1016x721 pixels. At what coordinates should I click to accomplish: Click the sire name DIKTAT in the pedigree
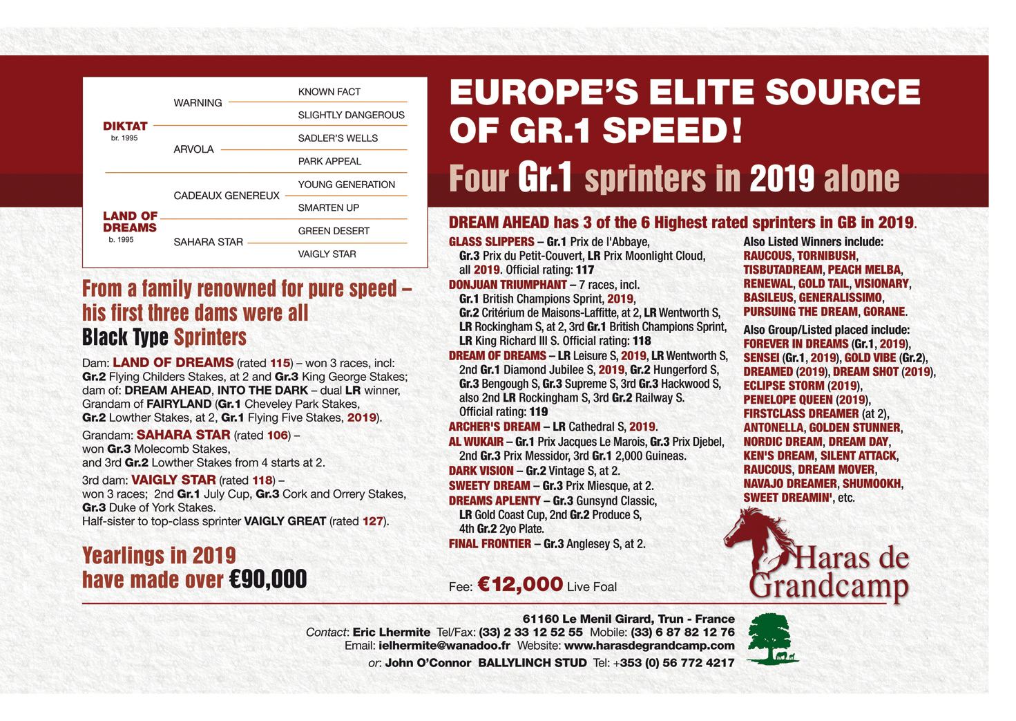point(125,126)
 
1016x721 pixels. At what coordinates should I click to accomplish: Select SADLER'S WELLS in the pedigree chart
point(338,138)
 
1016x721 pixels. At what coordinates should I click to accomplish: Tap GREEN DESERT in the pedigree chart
point(334,231)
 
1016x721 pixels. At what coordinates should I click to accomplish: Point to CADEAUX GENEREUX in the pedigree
point(227,196)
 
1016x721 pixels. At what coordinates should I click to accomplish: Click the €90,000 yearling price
point(268,579)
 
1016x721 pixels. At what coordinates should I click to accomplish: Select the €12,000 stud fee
point(520,585)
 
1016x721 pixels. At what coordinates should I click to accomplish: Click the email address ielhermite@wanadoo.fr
point(445,646)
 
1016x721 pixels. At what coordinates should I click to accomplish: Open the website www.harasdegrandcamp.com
point(649,646)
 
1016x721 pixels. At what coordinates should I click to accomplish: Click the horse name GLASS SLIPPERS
point(491,242)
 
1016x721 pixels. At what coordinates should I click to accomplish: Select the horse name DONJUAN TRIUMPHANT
point(508,285)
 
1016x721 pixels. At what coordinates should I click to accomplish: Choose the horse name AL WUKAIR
point(476,442)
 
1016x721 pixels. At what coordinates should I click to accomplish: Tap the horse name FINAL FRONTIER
point(490,544)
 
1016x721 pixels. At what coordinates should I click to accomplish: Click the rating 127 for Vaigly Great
point(372,521)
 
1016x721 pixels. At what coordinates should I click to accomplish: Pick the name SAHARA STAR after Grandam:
point(183,435)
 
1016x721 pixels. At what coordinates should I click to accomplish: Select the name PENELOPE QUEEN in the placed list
point(788,400)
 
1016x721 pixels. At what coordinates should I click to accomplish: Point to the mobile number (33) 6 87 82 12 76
point(682,632)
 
